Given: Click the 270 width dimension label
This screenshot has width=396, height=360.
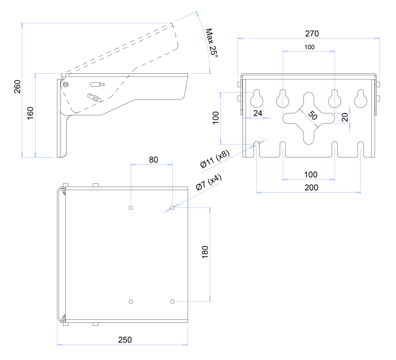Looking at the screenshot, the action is point(312,34).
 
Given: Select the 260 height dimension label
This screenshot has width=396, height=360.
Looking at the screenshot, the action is point(17,87).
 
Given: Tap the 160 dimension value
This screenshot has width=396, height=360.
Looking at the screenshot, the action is point(30,113).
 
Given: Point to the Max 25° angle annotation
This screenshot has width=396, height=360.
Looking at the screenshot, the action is point(212,43).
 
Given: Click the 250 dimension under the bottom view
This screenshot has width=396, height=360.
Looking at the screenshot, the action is point(125,340).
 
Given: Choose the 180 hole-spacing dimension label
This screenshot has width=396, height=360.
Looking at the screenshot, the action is point(205,252).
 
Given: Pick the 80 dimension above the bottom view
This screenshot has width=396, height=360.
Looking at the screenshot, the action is point(153,159).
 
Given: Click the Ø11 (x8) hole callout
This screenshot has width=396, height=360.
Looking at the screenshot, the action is point(215,158).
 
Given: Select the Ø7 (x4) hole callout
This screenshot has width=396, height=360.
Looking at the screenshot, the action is point(208,182).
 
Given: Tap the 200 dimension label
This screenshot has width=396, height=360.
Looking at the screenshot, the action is point(311,188).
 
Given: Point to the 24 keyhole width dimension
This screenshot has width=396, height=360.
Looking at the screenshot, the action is point(257,113).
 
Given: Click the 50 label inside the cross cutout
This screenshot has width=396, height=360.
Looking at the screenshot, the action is point(313,115).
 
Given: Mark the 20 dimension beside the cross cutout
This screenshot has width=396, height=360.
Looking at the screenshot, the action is point(345,117).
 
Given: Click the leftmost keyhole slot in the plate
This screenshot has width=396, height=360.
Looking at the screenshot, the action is point(256,99).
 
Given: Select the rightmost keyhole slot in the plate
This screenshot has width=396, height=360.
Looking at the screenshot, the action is point(361,99).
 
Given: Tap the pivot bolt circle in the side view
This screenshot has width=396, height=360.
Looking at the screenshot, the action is point(65,84).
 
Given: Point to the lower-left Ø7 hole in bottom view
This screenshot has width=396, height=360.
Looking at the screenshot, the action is point(131,302).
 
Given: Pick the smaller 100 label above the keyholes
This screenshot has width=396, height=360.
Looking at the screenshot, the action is point(309,47).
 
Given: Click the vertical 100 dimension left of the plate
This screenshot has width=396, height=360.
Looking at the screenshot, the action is point(216,118).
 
